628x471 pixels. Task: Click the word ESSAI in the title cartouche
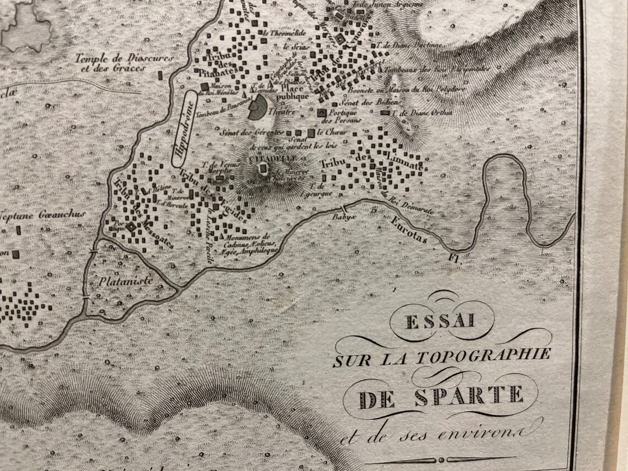[441, 321]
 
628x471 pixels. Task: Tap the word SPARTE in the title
[468, 395]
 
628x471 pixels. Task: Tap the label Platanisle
[125, 280]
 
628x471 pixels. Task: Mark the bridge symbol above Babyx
[345, 208]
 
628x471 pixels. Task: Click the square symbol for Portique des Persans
[322, 113]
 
